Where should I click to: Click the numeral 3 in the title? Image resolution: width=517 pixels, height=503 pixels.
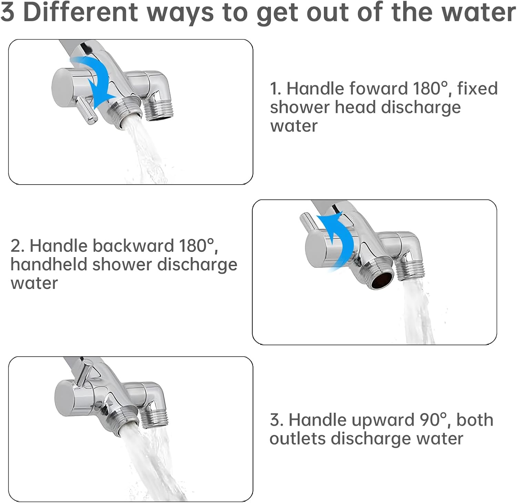tap(8, 12)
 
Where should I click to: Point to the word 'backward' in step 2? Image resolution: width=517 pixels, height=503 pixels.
tap(133, 246)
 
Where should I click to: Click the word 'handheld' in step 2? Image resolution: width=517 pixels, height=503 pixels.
tap(49, 264)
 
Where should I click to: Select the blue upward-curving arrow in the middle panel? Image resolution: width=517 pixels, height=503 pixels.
tap(338, 241)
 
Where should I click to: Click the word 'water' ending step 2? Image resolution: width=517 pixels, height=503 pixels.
tap(34, 283)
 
